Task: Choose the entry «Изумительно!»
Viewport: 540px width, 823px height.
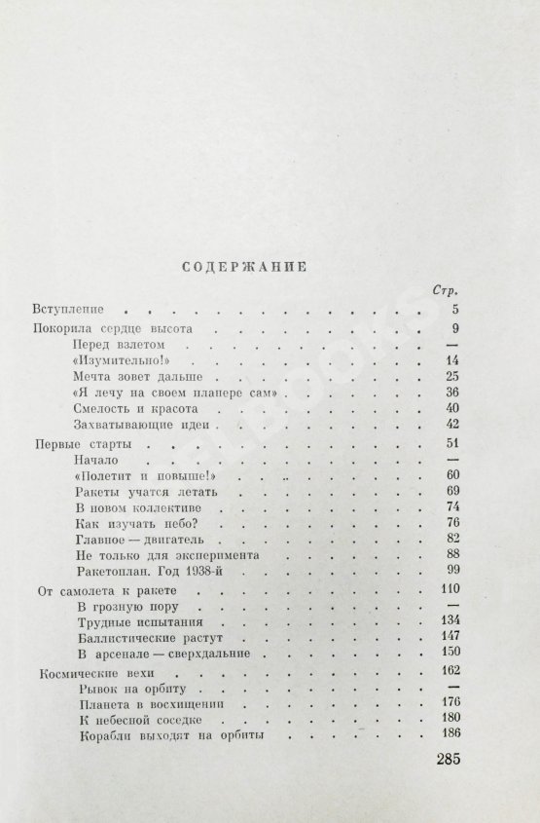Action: [115, 359]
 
